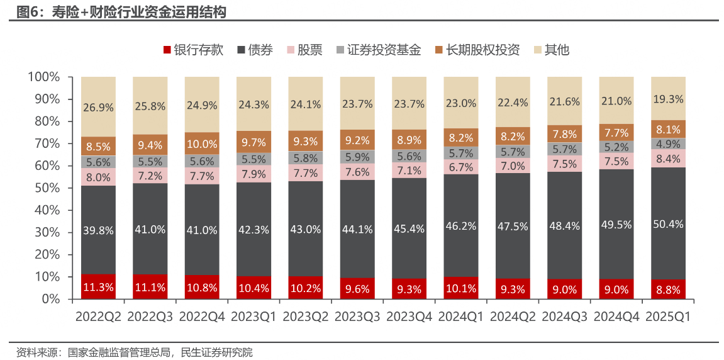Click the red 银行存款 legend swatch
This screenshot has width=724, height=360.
pos(167,50)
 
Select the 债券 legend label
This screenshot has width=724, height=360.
pos(260,50)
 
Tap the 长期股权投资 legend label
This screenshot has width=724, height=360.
pos(482,50)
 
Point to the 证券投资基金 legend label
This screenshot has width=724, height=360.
pos(384,50)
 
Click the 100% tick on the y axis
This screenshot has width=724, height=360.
pos(43,77)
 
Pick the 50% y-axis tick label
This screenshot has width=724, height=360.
pos(47,188)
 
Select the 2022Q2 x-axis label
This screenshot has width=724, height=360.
pos(98,317)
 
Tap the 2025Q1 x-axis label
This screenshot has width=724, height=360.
pos(668,317)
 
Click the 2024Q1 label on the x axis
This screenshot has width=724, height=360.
pos(461,317)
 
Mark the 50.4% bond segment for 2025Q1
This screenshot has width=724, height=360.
pos(668,223)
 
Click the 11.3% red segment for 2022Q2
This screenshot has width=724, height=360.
pos(98,287)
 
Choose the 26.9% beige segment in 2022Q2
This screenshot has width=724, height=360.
pos(98,107)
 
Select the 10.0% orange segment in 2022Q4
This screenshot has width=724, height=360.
pos(202,143)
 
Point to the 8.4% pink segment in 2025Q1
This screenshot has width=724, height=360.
pos(668,158)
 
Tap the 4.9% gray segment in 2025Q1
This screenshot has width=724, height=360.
pos(668,143)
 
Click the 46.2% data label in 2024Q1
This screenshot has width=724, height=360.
pos(461,225)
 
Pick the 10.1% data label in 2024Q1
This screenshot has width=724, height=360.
pos(461,289)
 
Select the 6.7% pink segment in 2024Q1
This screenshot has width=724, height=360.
pos(461,167)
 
